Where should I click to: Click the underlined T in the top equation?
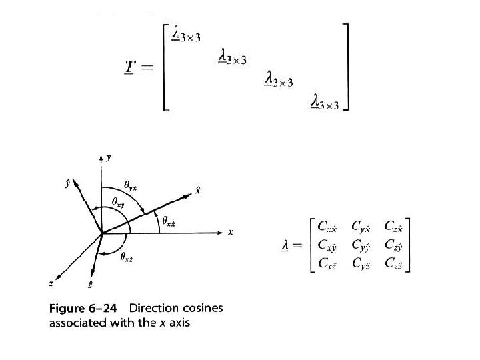click(128, 67)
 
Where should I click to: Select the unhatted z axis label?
click(51, 283)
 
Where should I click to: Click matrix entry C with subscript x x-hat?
click(327, 227)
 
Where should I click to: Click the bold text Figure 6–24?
click(86, 308)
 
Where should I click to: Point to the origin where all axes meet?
click(101, 233)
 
